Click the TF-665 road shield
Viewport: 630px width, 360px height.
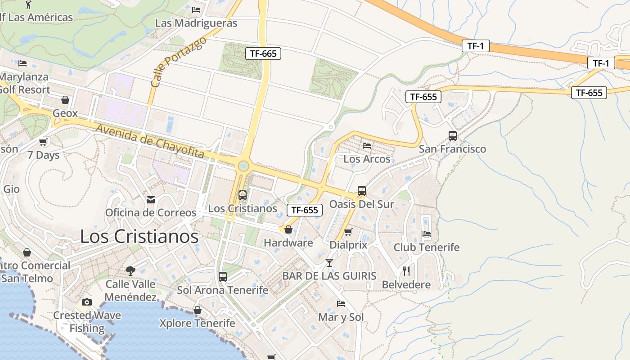coord(263,54)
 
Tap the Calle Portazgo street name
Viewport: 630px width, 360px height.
coord(179,62)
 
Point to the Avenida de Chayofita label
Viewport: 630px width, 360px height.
coord(150,141)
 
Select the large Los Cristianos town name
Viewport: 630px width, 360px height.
coord(139,237)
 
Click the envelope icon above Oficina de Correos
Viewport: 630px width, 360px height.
coord(150,199)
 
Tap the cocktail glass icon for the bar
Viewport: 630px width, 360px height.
coord(329,262)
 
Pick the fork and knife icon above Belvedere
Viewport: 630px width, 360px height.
coord(406,271)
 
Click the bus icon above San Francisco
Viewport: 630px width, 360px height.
coord(452,135)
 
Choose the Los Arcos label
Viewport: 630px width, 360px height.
coord(367,159)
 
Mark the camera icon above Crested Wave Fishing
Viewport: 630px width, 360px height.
coord(87,302)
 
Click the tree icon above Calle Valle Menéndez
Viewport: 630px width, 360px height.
coord(130,270)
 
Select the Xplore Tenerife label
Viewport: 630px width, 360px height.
coord(197,323)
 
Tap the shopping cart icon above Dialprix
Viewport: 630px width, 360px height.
coord(348,232)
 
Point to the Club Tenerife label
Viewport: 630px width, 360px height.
coord(427,247)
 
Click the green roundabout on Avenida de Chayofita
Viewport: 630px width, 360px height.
coord(243,166)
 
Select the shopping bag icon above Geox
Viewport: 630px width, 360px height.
coord(65,100)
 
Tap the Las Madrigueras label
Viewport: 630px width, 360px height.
coord(196,23)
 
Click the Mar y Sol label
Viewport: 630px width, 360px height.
coord(341,317)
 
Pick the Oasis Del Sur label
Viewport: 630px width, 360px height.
coord(361,204)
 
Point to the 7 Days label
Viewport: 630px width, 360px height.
coord(43,155)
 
